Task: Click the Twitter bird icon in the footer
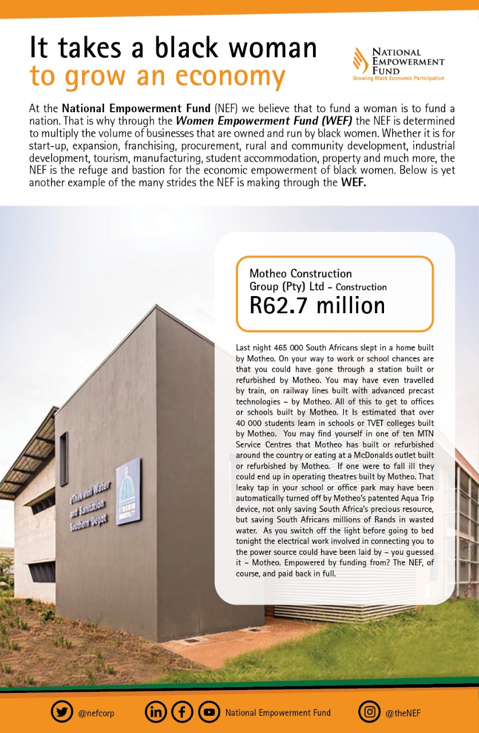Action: pyautogui.click(x=62, y=712)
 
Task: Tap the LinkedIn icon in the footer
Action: pyautogui.click(x=156, y=712)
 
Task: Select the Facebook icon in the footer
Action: pyautogui.click(x=182, y=712)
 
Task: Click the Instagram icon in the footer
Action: pyautogui.click(x=370, y=712)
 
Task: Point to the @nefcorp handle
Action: pyautogui.click(x=96, y=713)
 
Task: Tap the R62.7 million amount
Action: pyautogui.click(x=317, y=305)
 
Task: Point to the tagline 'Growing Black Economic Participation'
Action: pyautogui.click(x=398, y=78)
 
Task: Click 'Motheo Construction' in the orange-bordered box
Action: pyautogui.click(x=300, y=274)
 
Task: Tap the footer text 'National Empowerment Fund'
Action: pyautogui.click(x=278, y=713)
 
